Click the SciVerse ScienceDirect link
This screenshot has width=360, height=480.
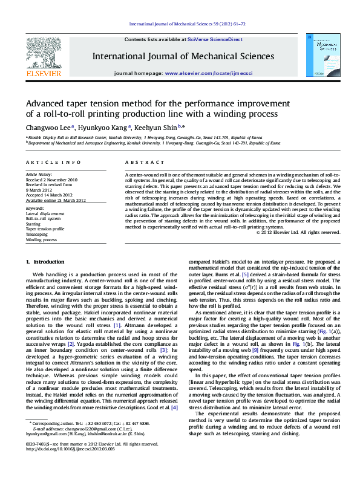click(x=215, y=39)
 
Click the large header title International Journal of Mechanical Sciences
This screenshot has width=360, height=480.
click(x=183, y=56)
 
